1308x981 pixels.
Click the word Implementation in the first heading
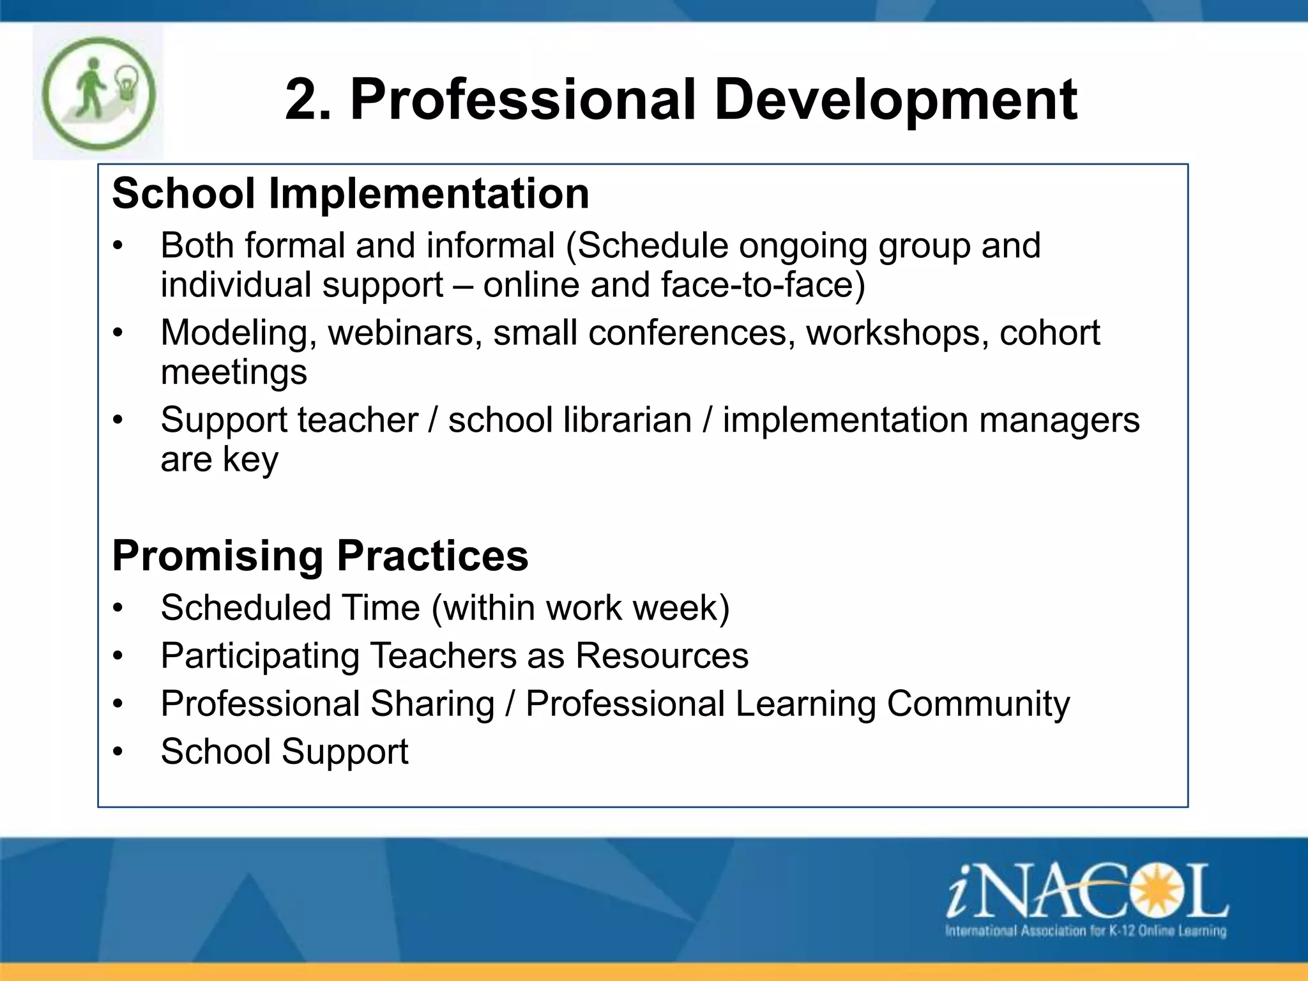[429, 194]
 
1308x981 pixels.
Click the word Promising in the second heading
[217, 556]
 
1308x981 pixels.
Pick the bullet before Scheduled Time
[118, 609]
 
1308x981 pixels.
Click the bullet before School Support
[118, 752]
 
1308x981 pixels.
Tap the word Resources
[662, 656]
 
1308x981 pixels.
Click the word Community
[978, 704]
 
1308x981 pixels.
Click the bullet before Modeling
[118, 333]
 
